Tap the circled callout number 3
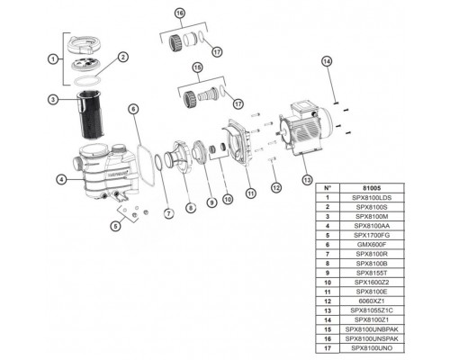point(54,99)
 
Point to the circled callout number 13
point(310,178)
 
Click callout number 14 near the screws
point(328,60)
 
